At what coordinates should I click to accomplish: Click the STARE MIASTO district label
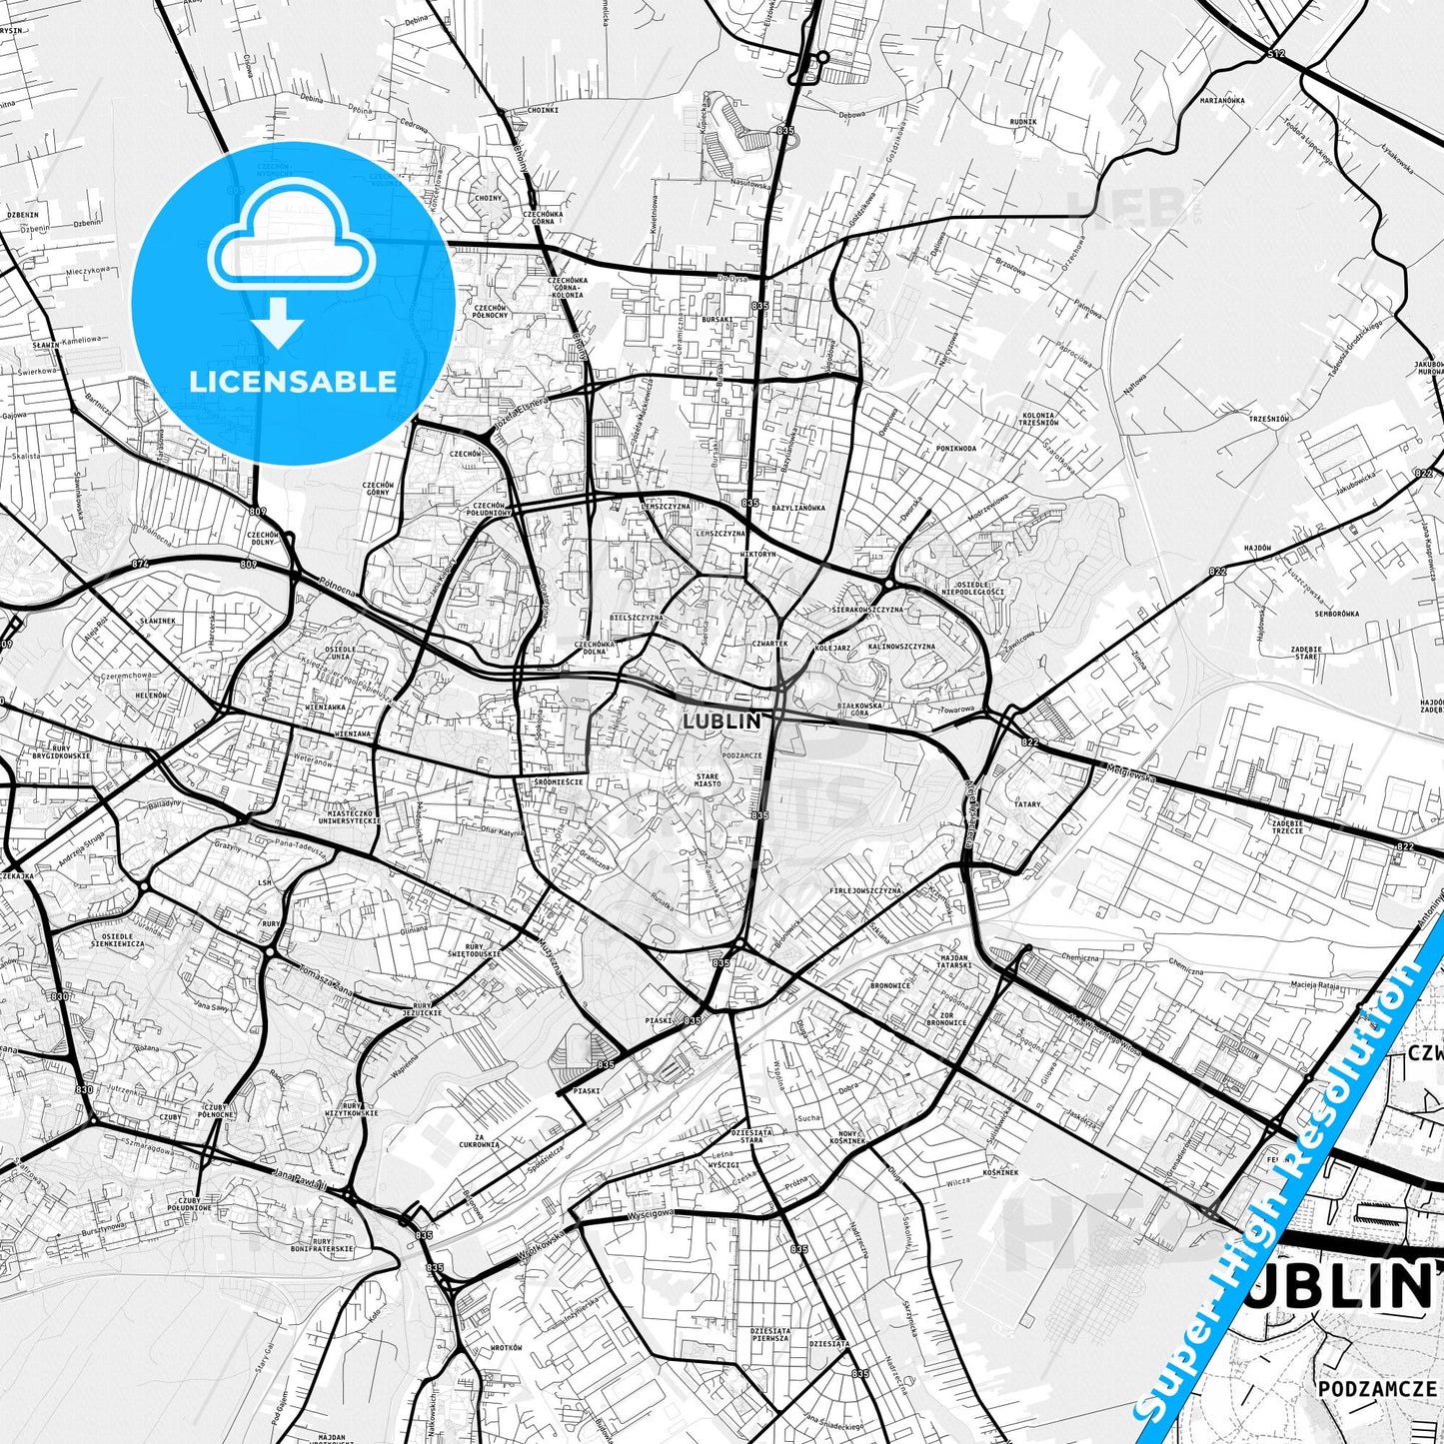[708, 779]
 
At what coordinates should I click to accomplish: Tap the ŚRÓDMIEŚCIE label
[559, 781]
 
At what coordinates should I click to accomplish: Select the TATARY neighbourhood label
[1027, 803]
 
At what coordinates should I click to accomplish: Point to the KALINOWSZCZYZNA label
[901, 647]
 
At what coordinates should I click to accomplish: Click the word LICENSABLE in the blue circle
[294, 381]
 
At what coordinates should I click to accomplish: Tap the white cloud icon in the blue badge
[290, 245]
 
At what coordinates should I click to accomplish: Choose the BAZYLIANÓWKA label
[798, 508]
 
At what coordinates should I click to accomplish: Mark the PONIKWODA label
[955, 448]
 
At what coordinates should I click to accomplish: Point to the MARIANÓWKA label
[1222, 100]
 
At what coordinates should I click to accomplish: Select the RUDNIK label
[1023, 122]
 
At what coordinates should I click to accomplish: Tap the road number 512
[1275, 53]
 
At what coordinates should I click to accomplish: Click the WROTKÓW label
[507, 1348]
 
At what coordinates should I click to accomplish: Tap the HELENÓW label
[151, 695]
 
